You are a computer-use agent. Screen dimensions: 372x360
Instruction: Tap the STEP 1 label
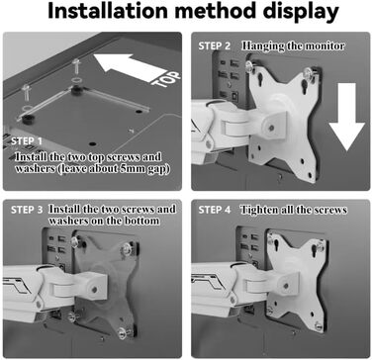[27, 141]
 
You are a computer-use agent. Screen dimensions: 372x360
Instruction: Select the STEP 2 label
[215, 46]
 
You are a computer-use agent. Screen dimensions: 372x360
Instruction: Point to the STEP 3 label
[27, 210]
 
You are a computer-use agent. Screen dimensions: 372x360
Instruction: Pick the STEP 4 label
[215, 210]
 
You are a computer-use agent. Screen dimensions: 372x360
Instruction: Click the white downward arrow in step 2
[346, 117]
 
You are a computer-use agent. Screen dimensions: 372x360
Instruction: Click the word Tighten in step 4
[256, 210]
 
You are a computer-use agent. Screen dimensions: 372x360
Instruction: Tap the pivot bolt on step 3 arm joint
[95, 290]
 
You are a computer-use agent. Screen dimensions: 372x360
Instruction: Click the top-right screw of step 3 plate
[128, 248]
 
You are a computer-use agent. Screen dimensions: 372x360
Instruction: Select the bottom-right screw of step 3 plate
[124, 331]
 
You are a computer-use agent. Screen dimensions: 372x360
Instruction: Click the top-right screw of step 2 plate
[309, 71]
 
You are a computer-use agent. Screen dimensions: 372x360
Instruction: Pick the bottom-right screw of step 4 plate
[318, 326]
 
